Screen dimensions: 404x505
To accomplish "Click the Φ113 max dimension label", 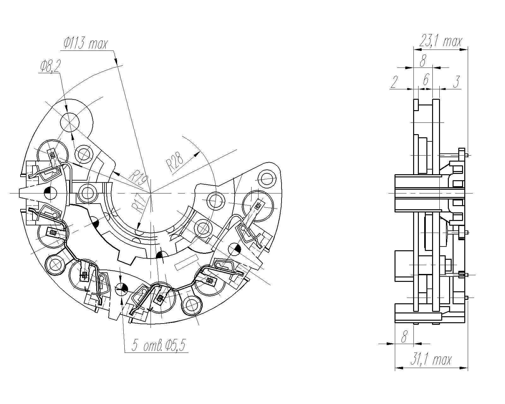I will (86, 43).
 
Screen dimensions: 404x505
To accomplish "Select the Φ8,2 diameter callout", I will (50, 66).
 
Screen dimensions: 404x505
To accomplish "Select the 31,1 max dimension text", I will (431, 360).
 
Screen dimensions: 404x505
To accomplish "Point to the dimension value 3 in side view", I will (456, 82).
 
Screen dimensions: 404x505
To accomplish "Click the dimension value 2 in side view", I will (394, 82).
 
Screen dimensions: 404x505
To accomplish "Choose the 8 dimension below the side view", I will (404, 337).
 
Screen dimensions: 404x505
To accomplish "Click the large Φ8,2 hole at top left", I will (69, 122).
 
